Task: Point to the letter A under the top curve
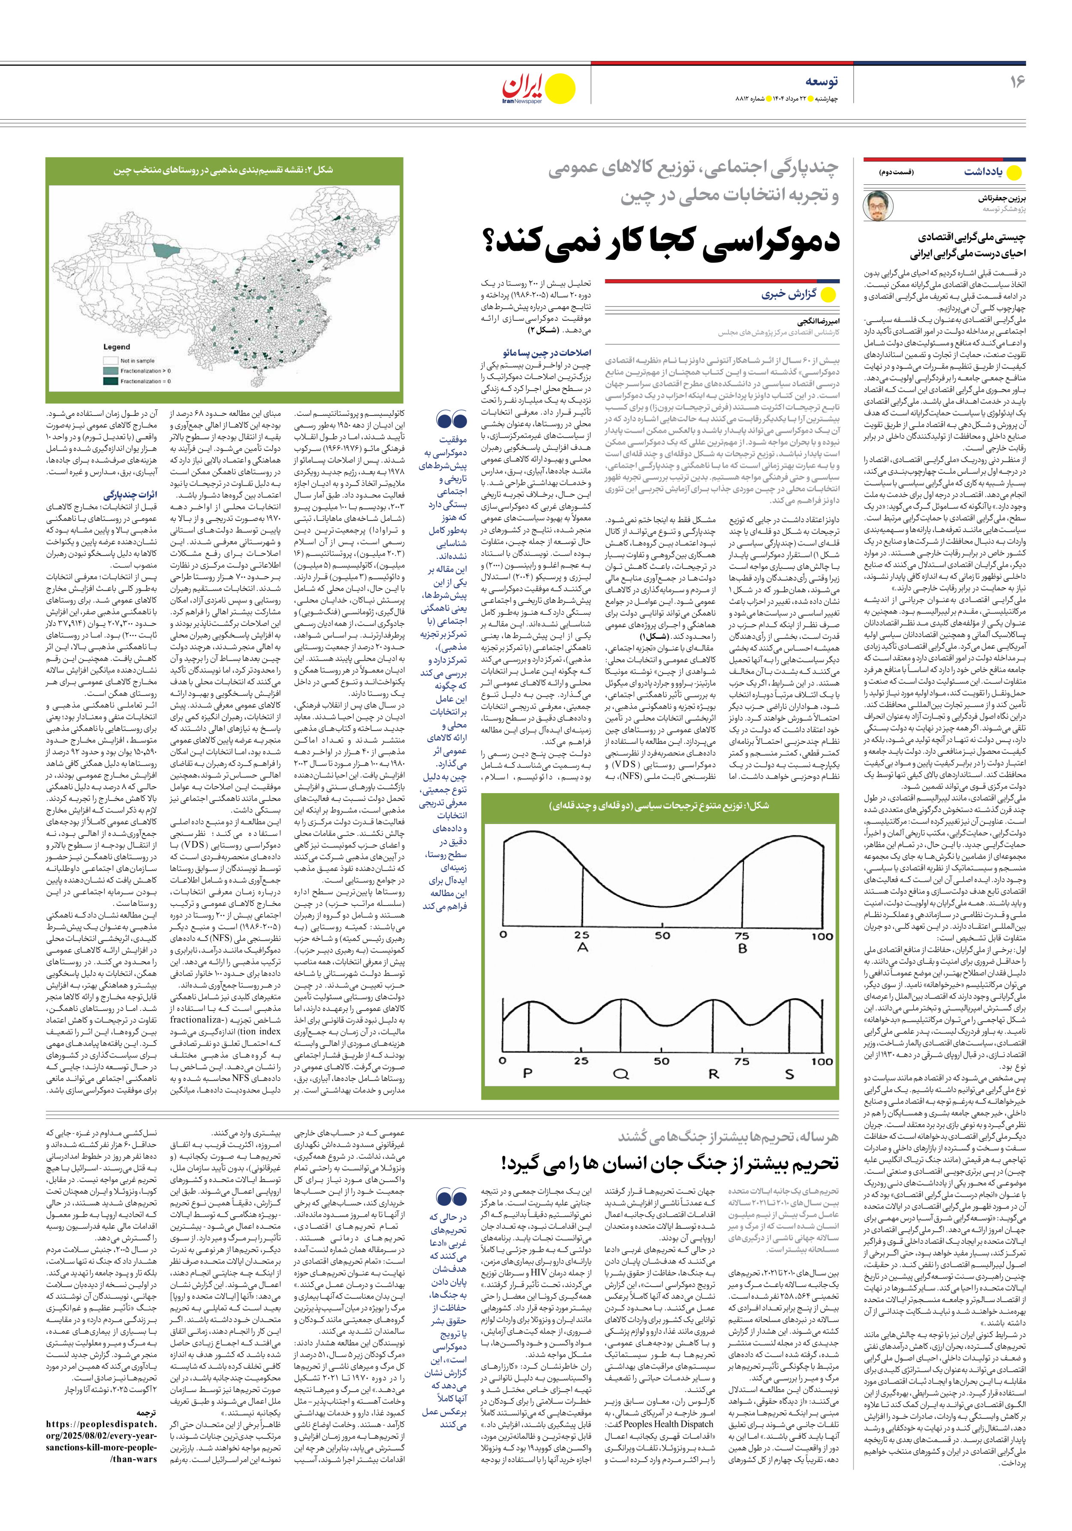coord(582,947)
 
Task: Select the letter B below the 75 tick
coord(742,947)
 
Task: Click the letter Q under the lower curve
coord(621,1074)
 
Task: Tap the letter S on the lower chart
coord(789,1074)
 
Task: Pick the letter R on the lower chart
coord(713,1074)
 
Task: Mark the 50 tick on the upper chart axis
coord(662,935)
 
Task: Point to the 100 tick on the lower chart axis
coord(822,1061)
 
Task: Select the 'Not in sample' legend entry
coord(137,361)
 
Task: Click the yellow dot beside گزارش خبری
coord(828,295)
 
